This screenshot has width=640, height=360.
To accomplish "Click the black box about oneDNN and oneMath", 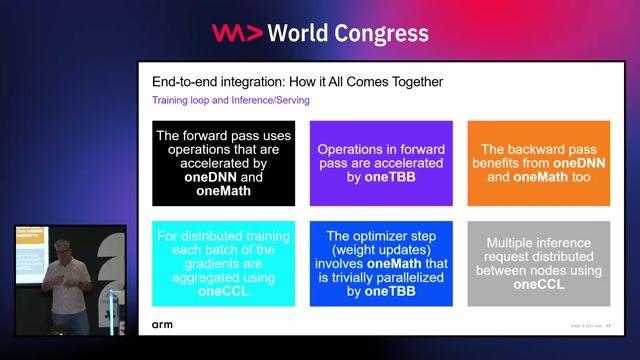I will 223,163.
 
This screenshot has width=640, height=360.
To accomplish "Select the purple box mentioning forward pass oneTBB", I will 381,163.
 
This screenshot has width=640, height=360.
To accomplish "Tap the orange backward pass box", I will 538,163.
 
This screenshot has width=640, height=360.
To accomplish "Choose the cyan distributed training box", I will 223,264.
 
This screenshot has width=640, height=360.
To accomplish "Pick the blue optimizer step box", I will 381,264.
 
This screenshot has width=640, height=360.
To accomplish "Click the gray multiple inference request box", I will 538,264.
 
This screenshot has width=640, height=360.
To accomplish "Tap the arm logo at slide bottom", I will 162,325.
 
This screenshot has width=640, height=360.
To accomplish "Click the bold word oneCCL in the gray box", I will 538,285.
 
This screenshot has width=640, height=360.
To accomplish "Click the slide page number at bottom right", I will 608,325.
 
